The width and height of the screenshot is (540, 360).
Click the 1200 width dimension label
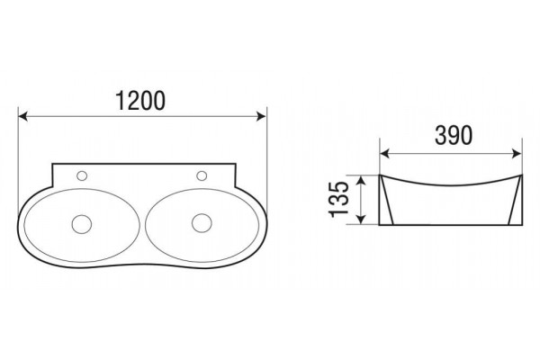(x=140, y=101)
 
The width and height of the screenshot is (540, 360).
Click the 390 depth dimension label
(x=454, y=135)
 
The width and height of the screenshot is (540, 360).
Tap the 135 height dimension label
(x=339, y=200)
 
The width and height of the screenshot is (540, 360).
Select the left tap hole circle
(x=82, y=175)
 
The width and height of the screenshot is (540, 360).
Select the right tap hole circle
(x=202, y=175)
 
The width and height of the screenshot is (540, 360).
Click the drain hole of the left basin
(x=82, y=224)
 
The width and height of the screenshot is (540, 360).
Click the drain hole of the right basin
(x=202, y=223)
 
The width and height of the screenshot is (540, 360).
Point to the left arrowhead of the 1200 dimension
(x=22, y=116)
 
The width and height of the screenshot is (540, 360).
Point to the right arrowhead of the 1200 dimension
(x=261, y=116)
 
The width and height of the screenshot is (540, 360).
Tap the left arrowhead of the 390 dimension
(x=384, y=154)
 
